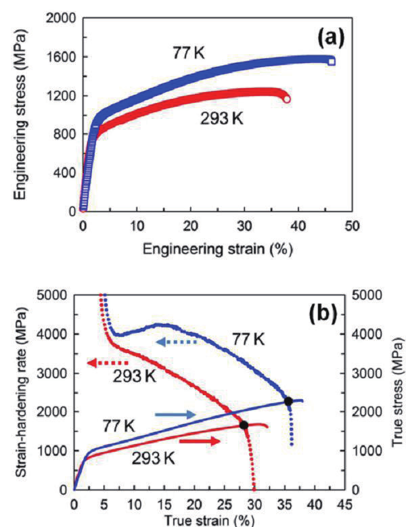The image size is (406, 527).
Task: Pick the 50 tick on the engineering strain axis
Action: point(351,224)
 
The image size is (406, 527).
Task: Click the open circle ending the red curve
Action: point(287,99)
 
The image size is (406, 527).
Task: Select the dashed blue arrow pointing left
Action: point(177,342)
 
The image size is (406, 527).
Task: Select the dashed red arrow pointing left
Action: point(107,363)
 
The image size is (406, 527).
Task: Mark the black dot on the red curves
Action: point(244,425)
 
